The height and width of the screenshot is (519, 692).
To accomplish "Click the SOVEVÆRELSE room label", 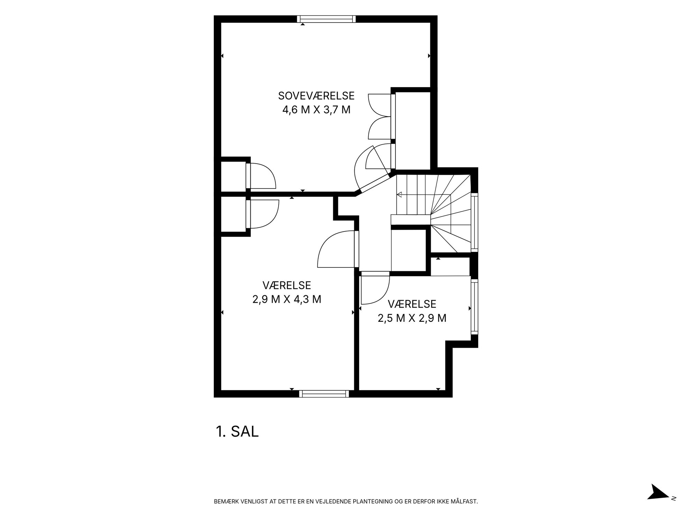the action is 316,95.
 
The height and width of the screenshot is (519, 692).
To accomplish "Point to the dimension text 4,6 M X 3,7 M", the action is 316,110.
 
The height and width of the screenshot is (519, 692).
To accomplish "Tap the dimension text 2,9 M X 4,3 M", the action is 287,299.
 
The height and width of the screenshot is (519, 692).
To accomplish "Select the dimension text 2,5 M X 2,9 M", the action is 412,318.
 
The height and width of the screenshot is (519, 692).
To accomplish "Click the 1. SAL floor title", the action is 237,431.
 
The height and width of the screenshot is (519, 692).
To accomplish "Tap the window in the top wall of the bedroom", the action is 326,19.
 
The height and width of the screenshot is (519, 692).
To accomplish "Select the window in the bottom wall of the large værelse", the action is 324,393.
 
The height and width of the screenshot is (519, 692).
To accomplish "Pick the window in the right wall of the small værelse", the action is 474,307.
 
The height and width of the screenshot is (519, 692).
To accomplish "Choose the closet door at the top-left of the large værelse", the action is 262,215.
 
